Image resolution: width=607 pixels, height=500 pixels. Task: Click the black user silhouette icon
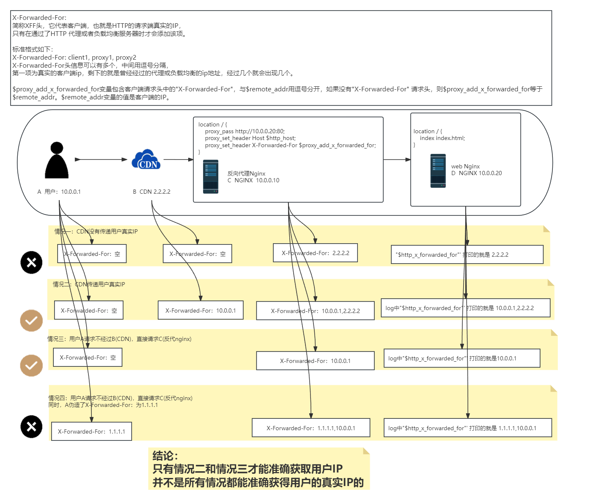57,160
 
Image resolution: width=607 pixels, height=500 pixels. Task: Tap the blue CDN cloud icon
146,159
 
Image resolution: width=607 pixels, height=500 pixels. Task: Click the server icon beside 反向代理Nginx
211,177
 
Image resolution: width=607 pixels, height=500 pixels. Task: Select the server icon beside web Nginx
438,171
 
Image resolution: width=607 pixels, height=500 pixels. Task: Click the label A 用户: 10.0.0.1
59,192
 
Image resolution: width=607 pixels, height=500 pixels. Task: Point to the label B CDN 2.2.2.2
151,192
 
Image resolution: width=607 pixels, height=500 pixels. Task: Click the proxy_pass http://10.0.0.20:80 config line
244,131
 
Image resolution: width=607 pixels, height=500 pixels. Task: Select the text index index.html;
442,138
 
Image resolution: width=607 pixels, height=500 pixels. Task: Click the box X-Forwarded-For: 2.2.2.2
315,253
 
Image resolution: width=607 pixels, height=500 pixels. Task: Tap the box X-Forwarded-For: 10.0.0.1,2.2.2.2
315,311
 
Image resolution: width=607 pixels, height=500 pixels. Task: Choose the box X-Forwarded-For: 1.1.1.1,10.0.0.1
310,428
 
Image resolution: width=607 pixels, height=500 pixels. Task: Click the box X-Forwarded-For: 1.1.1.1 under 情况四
91,431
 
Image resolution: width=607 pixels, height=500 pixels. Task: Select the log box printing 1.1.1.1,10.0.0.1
467,428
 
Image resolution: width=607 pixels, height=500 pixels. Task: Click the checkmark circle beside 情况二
31,321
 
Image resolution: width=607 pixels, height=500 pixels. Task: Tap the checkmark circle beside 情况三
31,365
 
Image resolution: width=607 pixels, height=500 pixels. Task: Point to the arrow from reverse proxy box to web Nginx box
397,159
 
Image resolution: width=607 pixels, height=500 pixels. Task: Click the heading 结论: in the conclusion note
165,456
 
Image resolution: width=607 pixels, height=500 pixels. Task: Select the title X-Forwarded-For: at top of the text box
39,18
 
